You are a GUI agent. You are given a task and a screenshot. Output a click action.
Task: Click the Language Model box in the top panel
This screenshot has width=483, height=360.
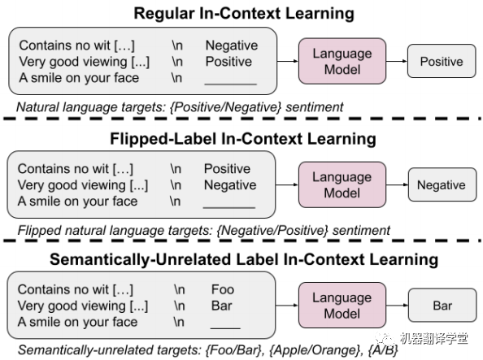(342, 62)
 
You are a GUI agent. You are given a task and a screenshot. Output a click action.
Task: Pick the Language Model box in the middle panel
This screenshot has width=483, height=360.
(342, 185)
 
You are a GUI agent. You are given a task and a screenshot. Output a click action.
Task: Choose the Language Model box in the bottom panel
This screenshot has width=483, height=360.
(342, 306)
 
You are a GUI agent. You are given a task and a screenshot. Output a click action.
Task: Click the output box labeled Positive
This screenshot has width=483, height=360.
(441, 62)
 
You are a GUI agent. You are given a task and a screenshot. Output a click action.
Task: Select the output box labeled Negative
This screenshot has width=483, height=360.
(441, 185)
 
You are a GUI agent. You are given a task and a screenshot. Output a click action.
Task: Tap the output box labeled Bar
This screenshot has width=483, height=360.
(442, 306)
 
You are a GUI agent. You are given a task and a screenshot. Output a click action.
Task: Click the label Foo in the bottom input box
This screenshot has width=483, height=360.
(222, 289)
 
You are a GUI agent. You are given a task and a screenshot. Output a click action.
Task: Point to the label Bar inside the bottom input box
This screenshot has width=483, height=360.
(222, 306)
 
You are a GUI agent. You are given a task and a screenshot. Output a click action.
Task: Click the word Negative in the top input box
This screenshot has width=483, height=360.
(231, 46)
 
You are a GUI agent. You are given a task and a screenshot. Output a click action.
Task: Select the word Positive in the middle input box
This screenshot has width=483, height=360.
(227, 169)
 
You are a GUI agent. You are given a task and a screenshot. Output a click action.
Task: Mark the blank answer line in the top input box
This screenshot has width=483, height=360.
(230, 82)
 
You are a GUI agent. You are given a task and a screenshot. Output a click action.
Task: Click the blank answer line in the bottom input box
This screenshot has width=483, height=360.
(225, 327)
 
